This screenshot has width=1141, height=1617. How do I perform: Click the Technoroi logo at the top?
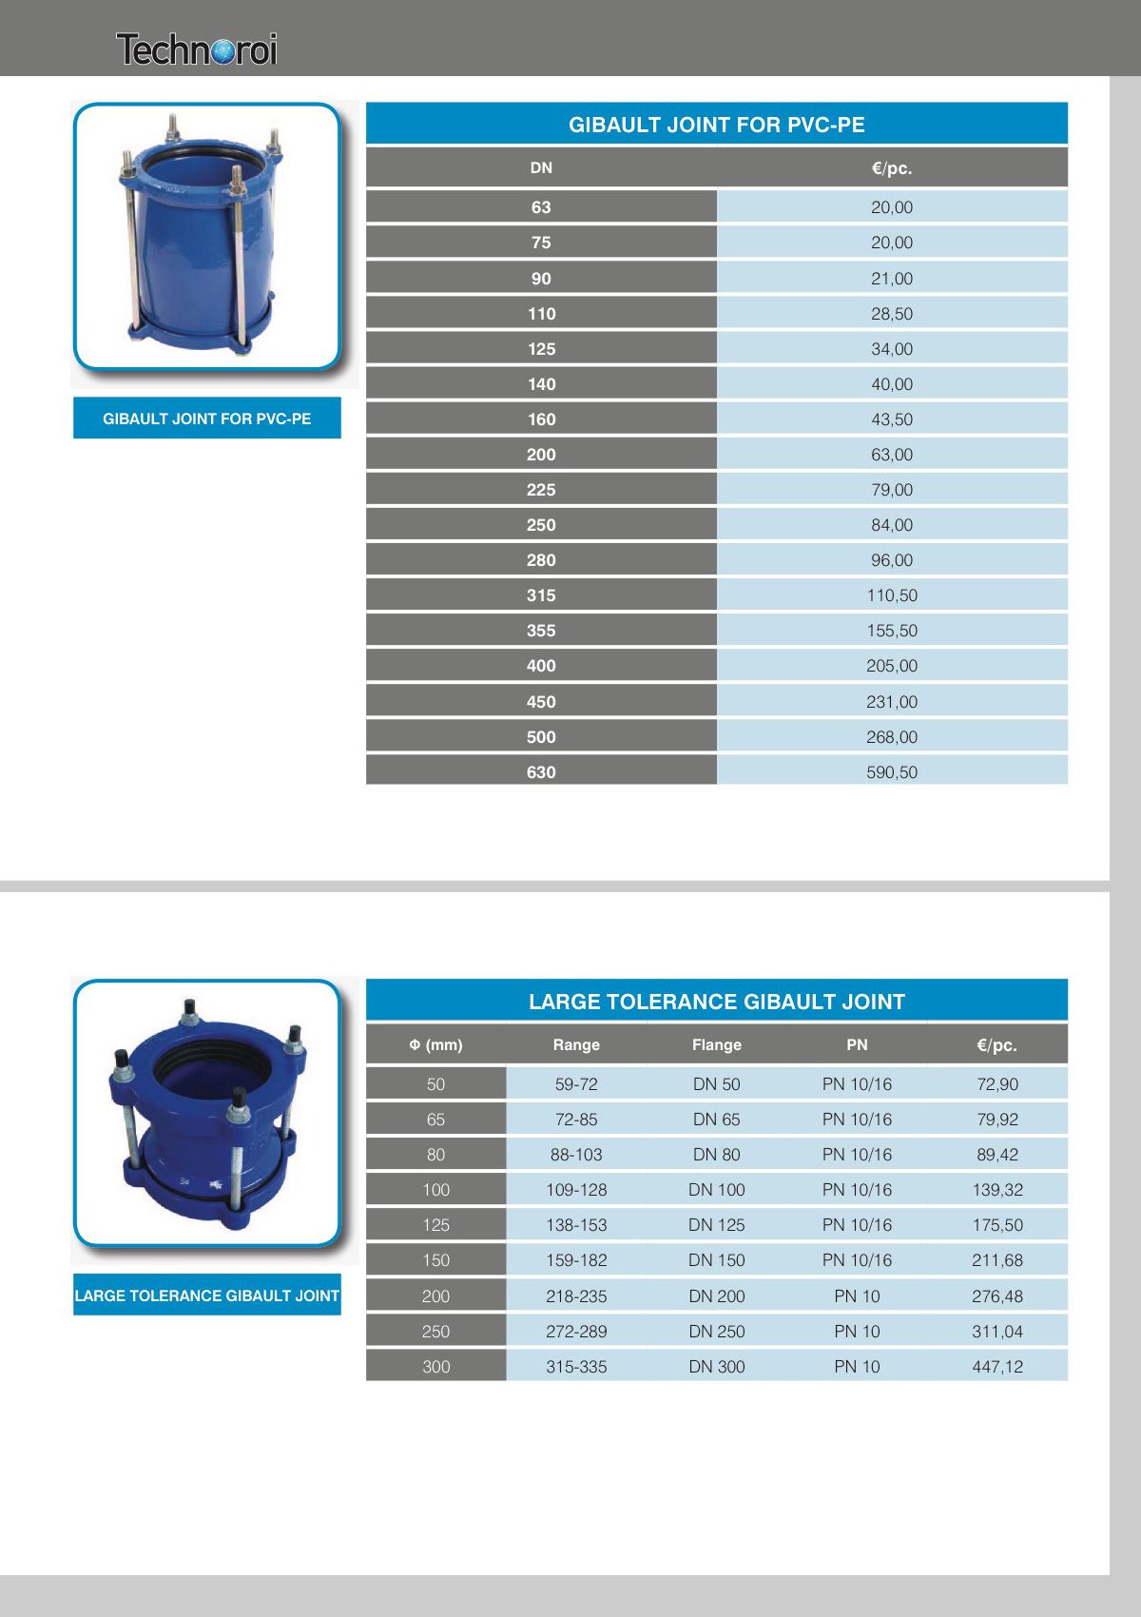click(197, 49)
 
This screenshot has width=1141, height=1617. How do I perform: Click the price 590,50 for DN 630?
click(891, 772)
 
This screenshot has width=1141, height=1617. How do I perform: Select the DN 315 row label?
click(541, 595)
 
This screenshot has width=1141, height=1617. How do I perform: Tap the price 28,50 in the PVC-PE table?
click(891, 314)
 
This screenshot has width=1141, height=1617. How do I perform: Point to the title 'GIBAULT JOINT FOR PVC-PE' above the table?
click(716, 125)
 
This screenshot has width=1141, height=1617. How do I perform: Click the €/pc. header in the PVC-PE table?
click(891, 168)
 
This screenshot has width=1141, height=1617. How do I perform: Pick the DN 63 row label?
click(541, 207)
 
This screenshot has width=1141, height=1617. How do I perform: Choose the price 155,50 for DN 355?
click(891, 631)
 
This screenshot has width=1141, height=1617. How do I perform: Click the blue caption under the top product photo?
click(206, 419)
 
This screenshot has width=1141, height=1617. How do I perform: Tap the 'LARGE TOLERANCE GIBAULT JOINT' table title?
click(716, 1002)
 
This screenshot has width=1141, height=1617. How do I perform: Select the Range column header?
click(576, 1044)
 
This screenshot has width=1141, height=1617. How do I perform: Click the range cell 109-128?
click(576, 1190)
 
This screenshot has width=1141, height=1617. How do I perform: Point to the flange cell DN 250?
click(716, 1332)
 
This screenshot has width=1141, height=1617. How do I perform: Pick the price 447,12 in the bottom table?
click(997, 1367)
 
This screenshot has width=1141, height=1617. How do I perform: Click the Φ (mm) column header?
click(435, 1044)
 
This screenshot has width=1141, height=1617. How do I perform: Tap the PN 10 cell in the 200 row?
click(857, 1296)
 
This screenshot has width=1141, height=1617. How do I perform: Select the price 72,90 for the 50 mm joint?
click(997, 1084)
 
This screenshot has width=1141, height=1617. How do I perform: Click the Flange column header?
click(716, 1044)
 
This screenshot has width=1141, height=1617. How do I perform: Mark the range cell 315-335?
click(576, 1367)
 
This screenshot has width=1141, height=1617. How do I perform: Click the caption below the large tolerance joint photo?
click(206, 1296)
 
